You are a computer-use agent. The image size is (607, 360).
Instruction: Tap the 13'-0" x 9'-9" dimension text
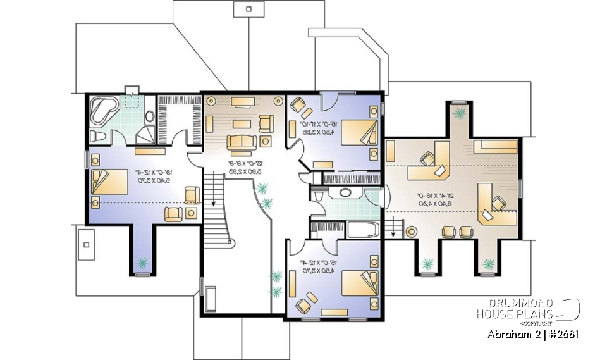point(243,167)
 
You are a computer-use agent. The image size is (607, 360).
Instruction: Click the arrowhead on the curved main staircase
point(216,203)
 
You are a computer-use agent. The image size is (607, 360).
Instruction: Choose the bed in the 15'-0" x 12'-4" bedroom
point(360,283)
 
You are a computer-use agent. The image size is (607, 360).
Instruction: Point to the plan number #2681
point(561,335)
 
